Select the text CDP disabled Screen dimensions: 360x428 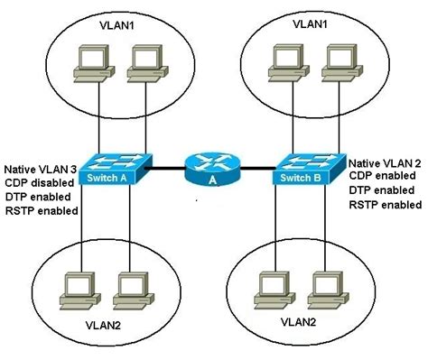tap(37, 182)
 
